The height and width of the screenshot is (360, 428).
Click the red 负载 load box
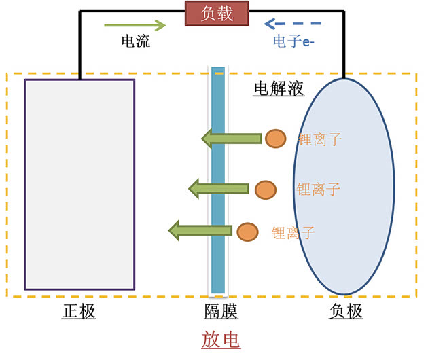pyautogui.click(x=217, y=13)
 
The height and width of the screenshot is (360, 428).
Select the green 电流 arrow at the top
pyautogui.click(x=135, y=26)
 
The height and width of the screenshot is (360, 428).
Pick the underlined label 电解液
pyautogui.click(x=279, y=88)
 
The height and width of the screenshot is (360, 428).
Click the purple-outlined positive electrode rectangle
pyautogui.click(x=79, y=183)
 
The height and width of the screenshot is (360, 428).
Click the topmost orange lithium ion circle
pyautogui.click(x=274, y=139)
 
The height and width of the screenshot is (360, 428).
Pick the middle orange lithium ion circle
pyautogui.click(x=266, y=189)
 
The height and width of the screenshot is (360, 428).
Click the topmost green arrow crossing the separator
pyautogui.click(x=231, y=139)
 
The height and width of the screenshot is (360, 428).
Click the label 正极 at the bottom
pyautogui.click(x=79, y=312)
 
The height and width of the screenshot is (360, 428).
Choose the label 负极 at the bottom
pyautogui.click(x=346, y=312)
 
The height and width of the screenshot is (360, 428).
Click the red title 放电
pyautogui.click(x=221, y=339)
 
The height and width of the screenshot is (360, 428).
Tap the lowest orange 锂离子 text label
pyautogui.click(x=293, y=234)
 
